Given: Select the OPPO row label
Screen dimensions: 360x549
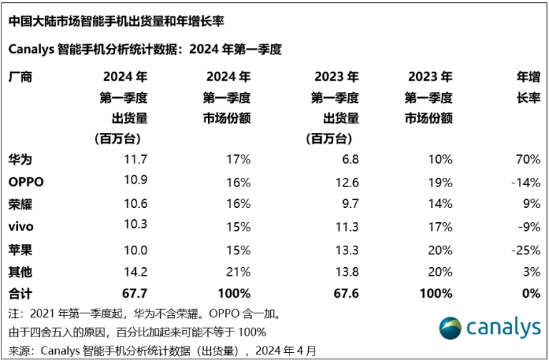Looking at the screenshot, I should tap(26, 181).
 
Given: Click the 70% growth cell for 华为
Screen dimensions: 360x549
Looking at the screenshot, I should tap(527, 159).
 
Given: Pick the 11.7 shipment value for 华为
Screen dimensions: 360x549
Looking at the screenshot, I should tap(135, 159).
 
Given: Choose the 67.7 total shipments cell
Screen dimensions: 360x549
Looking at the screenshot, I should tap(134, 293).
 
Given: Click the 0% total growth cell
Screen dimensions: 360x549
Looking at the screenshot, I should tap(530, 293).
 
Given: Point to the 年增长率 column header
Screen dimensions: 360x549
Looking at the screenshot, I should tap(528, 86).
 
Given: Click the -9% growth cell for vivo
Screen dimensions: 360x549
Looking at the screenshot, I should tap(528, 226).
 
